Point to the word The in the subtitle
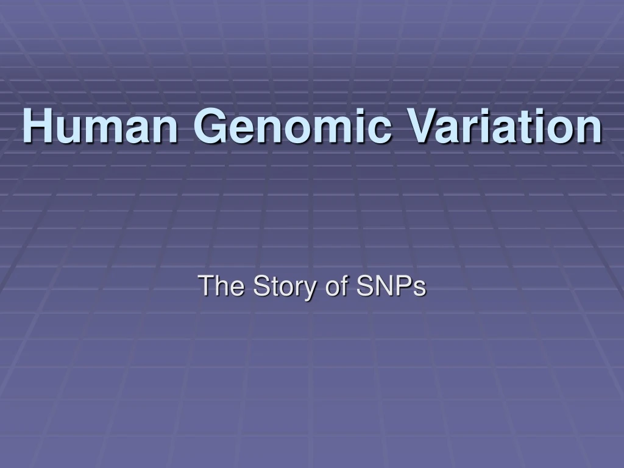coord(222,286)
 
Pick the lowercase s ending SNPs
coord(419,289)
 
